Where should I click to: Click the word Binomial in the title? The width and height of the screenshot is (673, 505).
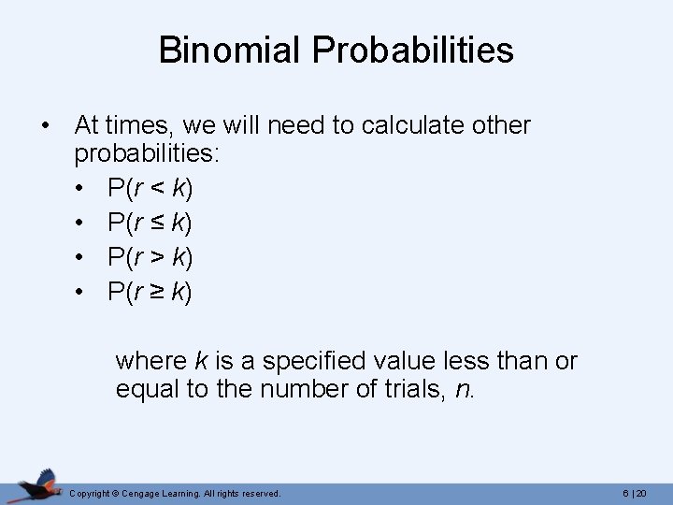(231, 50)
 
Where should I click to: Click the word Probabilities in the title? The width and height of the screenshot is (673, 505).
(413, 50)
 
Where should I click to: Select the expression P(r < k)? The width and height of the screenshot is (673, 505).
(150, 189)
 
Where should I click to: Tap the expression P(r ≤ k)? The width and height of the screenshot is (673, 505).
(150, 224)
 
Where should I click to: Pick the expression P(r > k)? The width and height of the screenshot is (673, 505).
(150, 258)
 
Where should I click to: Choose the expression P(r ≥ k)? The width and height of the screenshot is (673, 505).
(150, 293)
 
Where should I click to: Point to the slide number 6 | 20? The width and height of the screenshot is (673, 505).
(635, 493)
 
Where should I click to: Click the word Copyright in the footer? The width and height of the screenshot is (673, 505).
(91, 493)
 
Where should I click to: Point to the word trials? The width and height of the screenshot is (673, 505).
(410, 389)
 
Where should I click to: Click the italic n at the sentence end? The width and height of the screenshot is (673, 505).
(462, 390)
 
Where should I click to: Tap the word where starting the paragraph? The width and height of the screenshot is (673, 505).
(150, 361)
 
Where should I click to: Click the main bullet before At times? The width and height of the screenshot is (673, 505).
(44, 126)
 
